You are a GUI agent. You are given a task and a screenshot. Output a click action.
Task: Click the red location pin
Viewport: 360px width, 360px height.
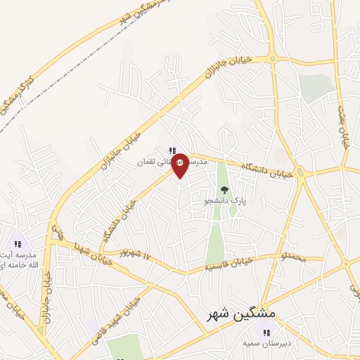click(x=180, y=165)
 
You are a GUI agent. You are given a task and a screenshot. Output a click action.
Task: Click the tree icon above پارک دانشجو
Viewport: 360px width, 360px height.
click(x=224, y=189)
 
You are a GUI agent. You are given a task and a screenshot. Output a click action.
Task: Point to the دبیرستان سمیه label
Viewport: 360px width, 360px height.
click(x=266, y=343)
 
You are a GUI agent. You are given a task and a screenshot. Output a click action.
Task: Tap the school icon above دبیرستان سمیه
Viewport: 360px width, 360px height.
click(x=266, y=332)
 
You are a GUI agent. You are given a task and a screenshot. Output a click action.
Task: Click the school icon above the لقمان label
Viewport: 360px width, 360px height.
click(x=172, y=150)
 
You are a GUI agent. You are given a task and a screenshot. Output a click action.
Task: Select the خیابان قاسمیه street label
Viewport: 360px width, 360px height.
click(x=228, y=264)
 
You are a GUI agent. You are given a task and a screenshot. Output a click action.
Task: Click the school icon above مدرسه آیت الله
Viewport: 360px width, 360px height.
click(x=17, y=244)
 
